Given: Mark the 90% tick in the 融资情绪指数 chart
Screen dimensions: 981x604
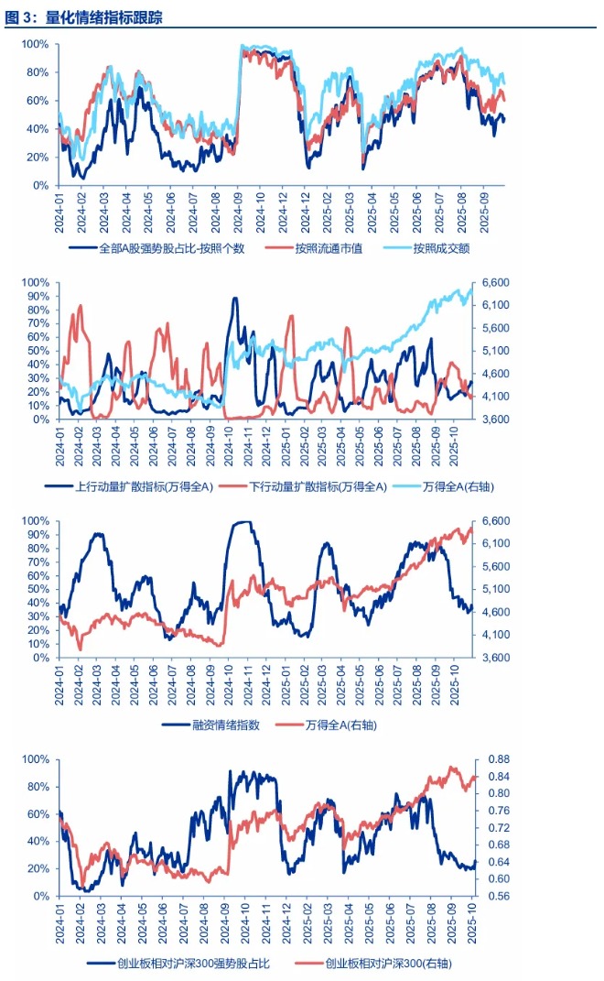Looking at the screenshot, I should tap(36, 534).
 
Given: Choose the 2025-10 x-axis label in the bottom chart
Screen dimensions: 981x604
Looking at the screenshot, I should tap(472, 919).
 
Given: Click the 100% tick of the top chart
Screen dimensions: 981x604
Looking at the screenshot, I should tap(36, 44).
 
